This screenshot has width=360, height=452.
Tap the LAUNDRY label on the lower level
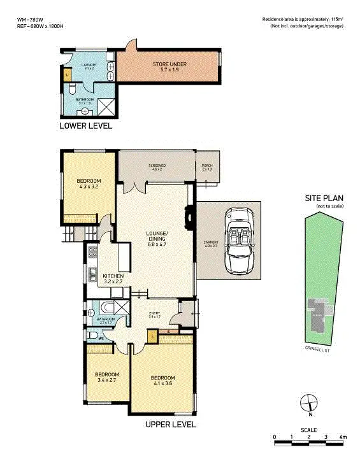[89, 66]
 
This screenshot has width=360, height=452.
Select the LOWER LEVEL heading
[85, 126]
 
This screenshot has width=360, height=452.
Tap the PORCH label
[206, 167]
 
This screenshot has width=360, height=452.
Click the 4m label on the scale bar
[342, 437]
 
